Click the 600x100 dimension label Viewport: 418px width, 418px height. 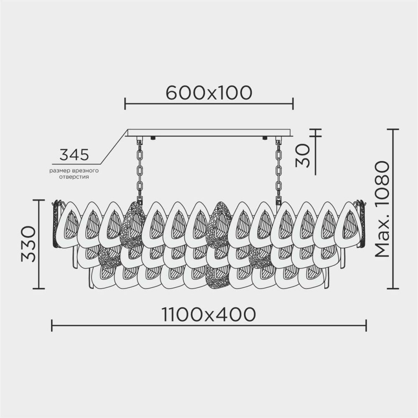pyautogui.click(x=209, y=92)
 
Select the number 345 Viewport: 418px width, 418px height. pyautogui.click(x=74, y=155)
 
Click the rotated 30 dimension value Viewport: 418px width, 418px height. pyautogui.click(x=304, y=155)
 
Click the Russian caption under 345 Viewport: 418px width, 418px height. pyautogui.click(x=74, y=174)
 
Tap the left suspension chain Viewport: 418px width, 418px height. pyautogui.click(x=140, y=169)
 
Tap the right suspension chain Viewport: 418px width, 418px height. pyautogui.click(x=278, y=169)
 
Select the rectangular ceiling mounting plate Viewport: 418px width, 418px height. pyautogui.click(x=209, y=133)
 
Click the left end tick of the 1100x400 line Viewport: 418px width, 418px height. pyautogui.click(x=52, y=326)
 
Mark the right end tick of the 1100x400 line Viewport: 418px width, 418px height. pyautogui.click(x=366, y=326)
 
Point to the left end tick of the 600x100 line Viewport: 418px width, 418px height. pyautogui.click(x=125, y=103)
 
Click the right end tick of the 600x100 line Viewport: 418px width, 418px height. pyautogui.click(x=293, y=103)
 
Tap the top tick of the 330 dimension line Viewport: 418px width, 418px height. pyautogui.click(x=38, y=200)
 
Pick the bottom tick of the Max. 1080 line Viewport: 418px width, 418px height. pyautogui.click(x=393, y=289)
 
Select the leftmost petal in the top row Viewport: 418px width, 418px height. pyautogui.click(x=67, y=224)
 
